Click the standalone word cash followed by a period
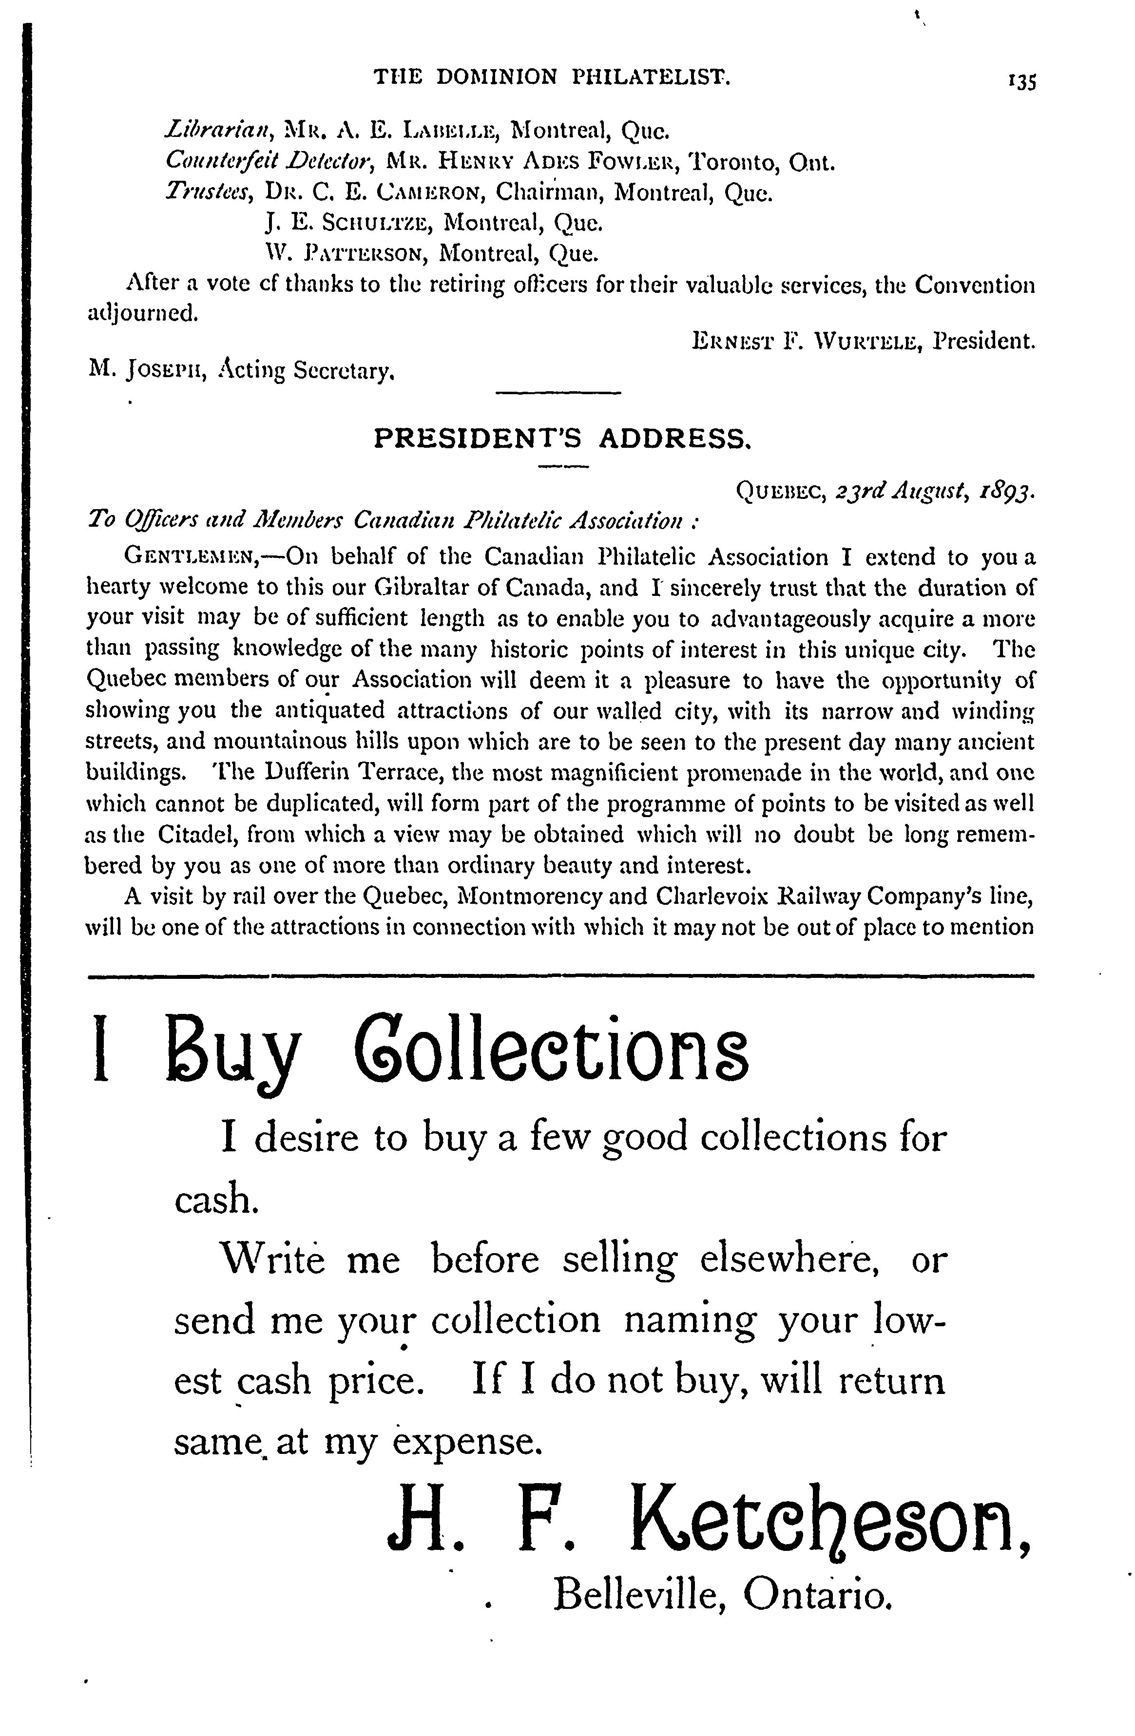(x=216, y=1200)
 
